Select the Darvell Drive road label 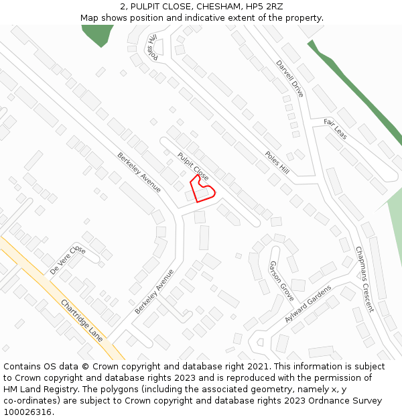(x=289, y=78)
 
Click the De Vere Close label (x=68, y=260)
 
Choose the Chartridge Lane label (x=82, y=320)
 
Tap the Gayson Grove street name (x=281, y=280)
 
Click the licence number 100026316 (x=27, y=412)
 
